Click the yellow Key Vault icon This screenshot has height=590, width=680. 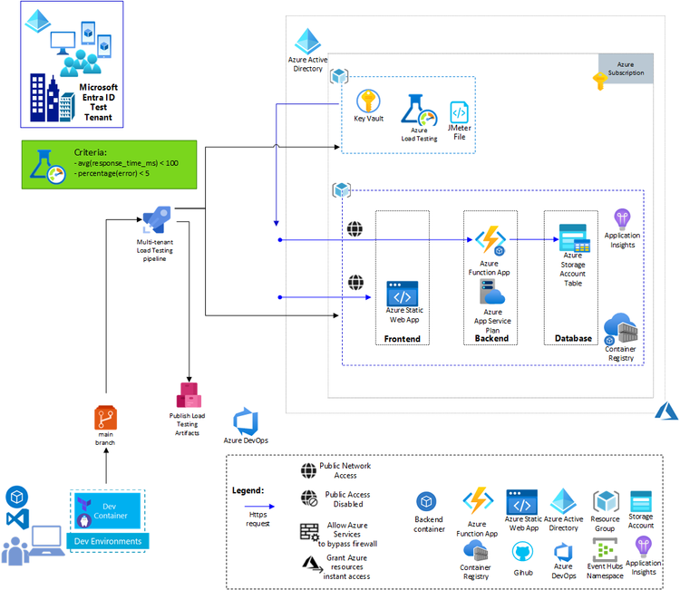pos(367,101)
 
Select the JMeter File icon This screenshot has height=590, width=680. pos(460,113)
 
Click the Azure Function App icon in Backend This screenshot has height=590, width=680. pos(490,241)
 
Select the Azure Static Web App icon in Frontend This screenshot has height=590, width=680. pos(403,295)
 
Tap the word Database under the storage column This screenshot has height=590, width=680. pos(573,338)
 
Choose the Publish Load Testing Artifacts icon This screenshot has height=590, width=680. pos(189,395)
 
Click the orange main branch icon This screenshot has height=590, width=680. pos(107,418)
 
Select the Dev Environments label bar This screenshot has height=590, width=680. pos(109,541)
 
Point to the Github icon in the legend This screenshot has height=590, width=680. pos(522,552)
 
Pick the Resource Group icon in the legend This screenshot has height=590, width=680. pos(605,502)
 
